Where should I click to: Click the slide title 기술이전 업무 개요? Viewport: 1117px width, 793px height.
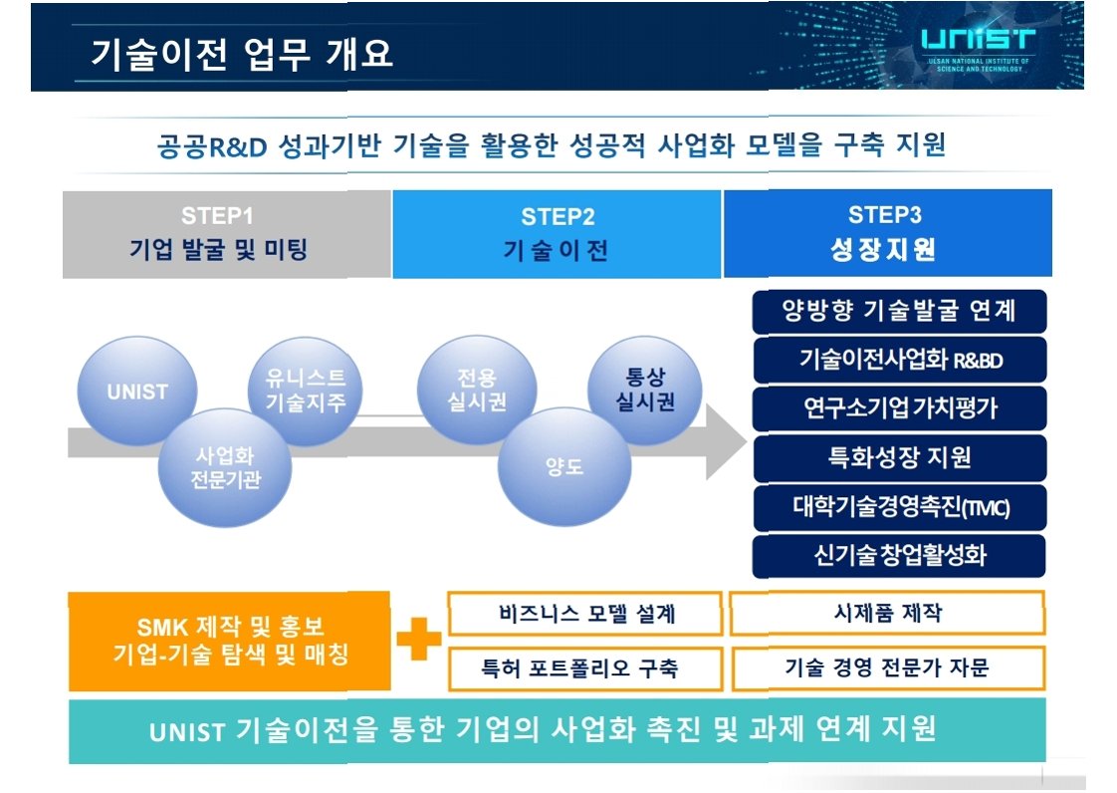242,54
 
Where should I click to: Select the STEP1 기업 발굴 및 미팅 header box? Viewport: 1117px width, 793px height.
227,234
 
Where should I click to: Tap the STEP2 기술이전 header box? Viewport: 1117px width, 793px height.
557,234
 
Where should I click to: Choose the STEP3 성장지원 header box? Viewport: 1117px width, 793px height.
887,233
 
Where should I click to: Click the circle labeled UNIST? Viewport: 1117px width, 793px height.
137,392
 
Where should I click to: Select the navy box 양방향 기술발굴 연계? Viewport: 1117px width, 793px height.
899,311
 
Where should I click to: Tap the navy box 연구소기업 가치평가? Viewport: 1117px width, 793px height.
899,408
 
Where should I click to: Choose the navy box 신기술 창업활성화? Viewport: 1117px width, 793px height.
899,555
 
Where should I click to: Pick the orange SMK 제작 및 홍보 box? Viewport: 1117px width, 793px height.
229,642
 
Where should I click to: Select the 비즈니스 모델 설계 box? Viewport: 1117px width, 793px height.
586,614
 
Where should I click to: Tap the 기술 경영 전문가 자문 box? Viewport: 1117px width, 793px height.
887,667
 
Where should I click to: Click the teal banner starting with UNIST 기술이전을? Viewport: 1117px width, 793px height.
557,730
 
